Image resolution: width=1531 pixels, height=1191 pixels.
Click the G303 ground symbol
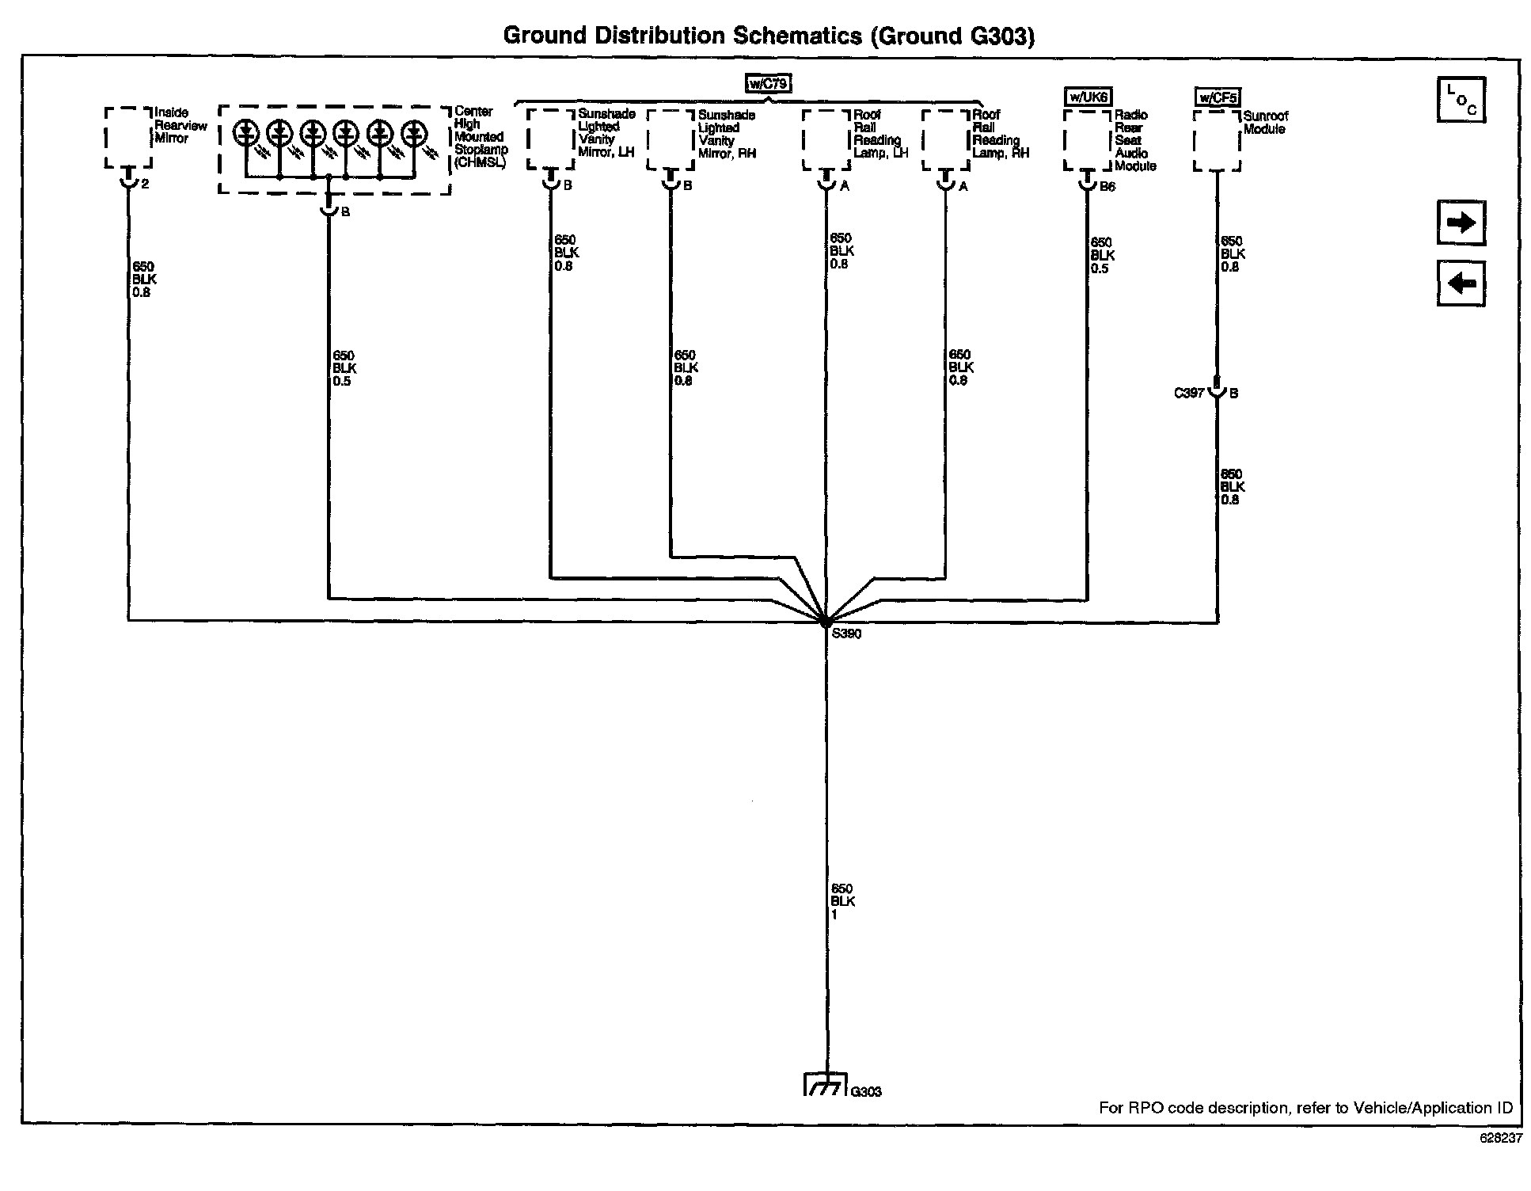tap(825, 1083)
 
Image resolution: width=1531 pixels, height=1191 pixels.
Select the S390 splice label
tap(846, 634)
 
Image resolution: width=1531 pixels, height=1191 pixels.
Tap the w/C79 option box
tap(768, 84)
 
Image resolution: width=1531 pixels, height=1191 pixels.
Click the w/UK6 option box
tap(1088, 97)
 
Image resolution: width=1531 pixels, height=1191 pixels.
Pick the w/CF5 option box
tap(1218, 98)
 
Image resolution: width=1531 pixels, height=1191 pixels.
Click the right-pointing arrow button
tap(1461, 223)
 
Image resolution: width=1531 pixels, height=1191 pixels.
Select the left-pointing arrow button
tap(1461, 283)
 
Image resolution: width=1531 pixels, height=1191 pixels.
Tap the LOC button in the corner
tap(1461, 100)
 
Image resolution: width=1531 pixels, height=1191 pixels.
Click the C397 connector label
tap(1188, 393)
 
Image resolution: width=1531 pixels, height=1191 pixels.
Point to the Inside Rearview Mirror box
tap(128, 138)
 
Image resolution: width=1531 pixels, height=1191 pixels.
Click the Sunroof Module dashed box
tap(1217, 141)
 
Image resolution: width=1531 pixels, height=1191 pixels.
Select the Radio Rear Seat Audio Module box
tap(1088, 141)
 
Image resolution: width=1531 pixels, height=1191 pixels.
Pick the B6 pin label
tap(1107, 187)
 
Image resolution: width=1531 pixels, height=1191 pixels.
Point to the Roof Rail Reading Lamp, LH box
tap(827, 139)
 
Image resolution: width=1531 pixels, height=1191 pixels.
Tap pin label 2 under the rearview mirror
tap(145, 184)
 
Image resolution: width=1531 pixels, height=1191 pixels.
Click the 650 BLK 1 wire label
tap(842, 901)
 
